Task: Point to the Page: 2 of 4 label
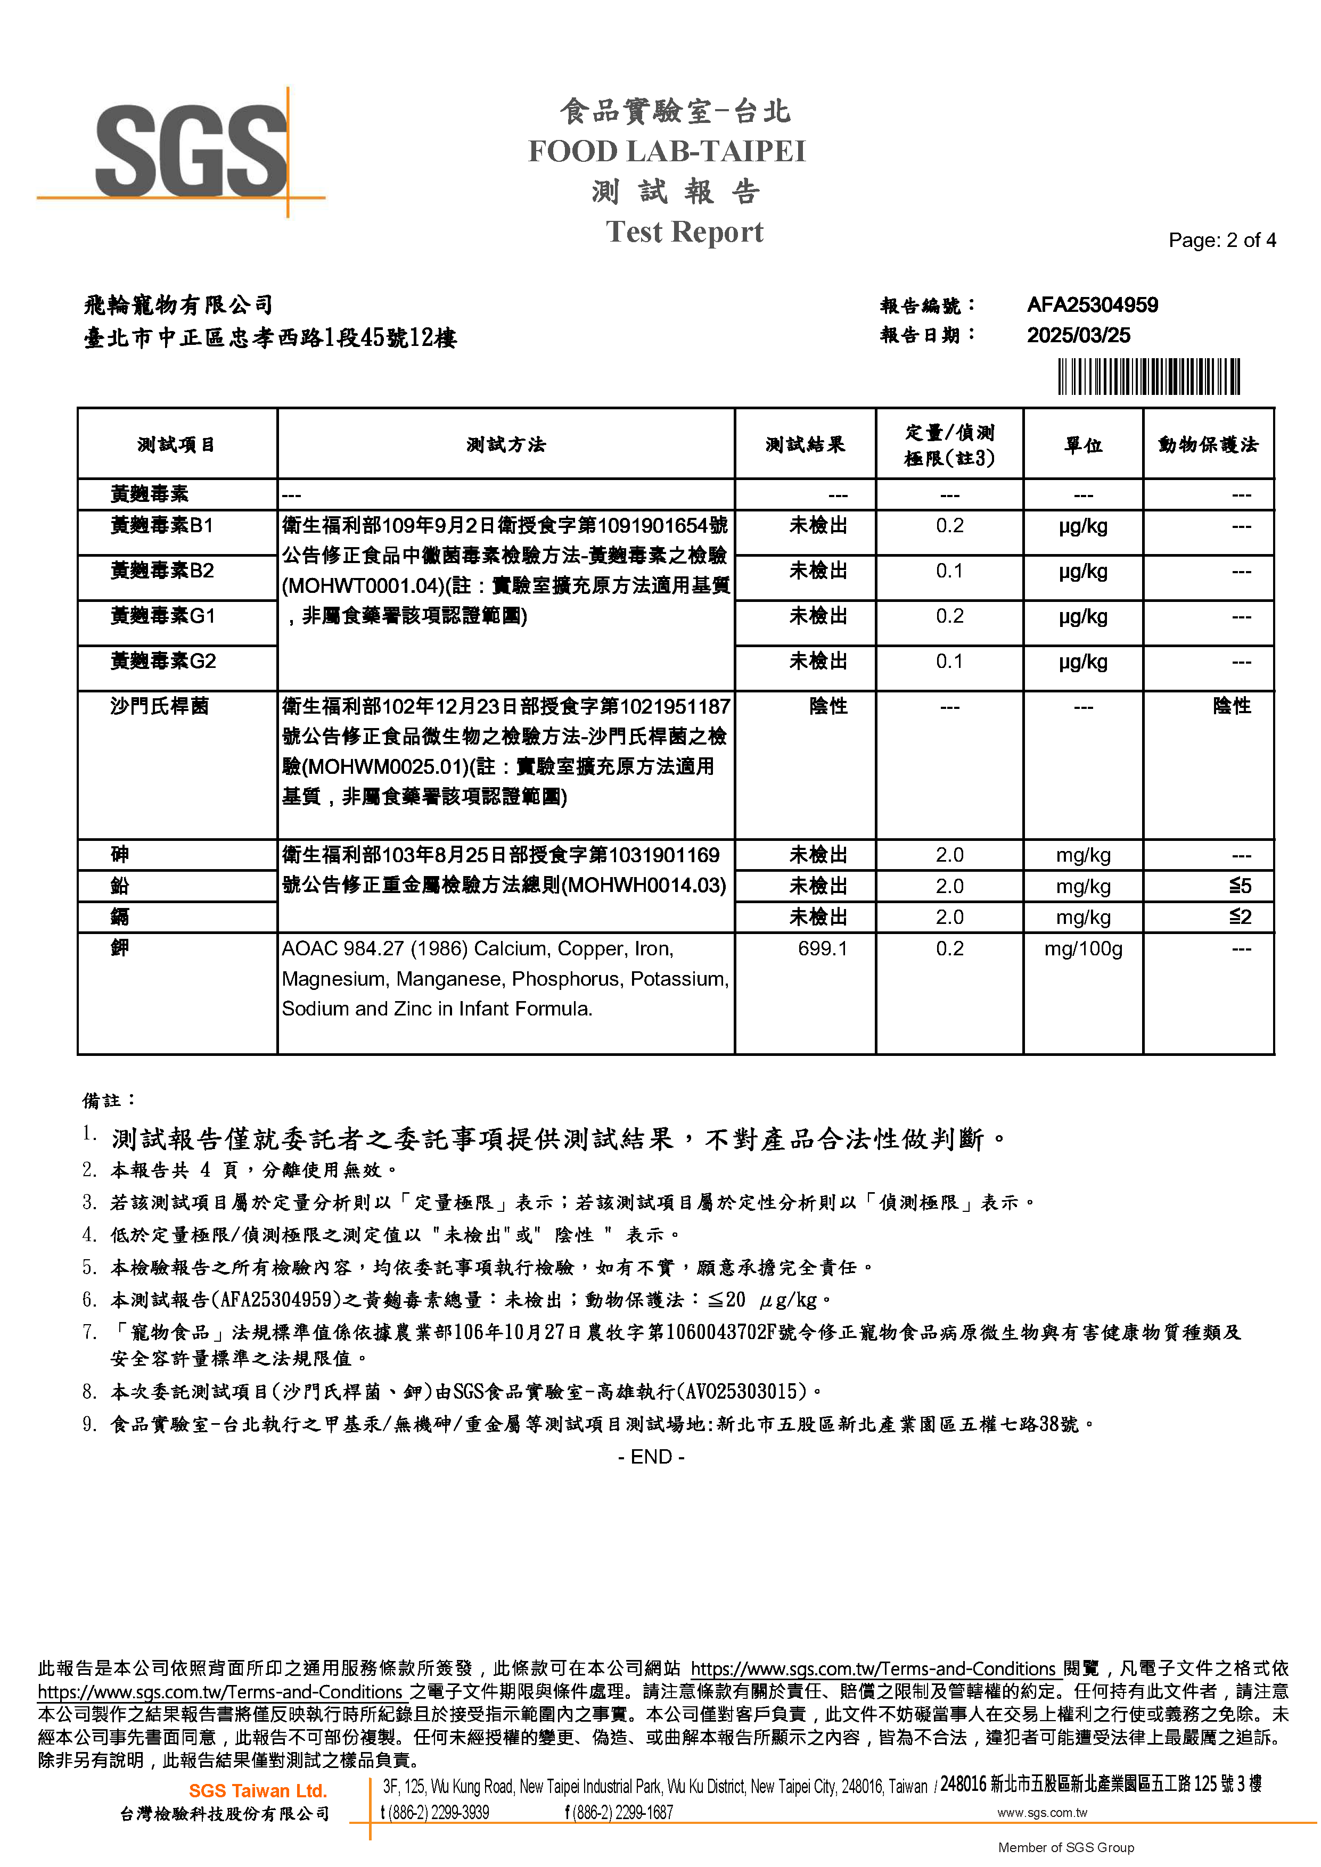click(1222, 240)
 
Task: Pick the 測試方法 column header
click(506, 445)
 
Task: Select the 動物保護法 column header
click(1208, 445)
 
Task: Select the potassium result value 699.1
click(823, 948)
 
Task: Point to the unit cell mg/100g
click(1082, 948)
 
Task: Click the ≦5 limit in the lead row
click(1240, 886)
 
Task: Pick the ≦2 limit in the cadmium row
click(1240, 916)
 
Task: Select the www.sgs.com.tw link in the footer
click(1042, 1813)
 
